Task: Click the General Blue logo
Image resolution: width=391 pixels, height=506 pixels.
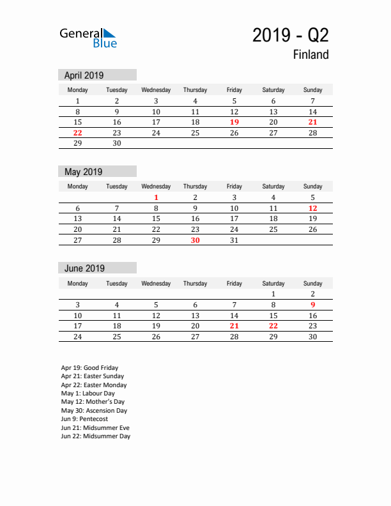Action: tap(88, 38)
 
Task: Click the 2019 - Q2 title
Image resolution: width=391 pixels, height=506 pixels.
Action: tap(290, 34)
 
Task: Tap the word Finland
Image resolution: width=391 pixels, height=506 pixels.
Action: tap(311, 55)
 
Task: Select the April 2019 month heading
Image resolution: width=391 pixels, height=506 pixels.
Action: tap(84, 75)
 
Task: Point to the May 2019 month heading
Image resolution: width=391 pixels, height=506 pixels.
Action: tap(83, 172)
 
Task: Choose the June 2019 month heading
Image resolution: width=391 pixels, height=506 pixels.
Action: tap(84, 268)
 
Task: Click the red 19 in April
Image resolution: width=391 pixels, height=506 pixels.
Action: tap(234, 122)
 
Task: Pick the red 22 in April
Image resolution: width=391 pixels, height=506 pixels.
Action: tap(77, 133)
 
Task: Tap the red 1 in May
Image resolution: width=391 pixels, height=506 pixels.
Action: tap(156, 197)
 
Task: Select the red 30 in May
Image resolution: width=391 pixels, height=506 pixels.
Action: tap(195, 240)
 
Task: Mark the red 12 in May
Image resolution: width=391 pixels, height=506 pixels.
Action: tap(312, 208)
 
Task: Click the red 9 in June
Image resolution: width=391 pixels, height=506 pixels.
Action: tap(312, 305)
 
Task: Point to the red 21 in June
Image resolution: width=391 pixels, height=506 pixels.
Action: tap(234, 326)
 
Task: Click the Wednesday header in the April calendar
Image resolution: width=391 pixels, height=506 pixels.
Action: tap(156, 90)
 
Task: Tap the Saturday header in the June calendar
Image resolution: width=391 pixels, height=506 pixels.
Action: tap(273, 283)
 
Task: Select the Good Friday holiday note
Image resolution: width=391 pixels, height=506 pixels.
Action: tap(89, 368)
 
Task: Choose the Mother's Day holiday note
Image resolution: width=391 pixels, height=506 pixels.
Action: tap(93, 402)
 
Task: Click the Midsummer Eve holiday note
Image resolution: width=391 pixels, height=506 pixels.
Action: tap(95, 427)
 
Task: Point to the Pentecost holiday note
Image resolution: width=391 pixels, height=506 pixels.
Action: tap(84, 419)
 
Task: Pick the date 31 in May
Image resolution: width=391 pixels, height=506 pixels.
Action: tap(234, 240)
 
